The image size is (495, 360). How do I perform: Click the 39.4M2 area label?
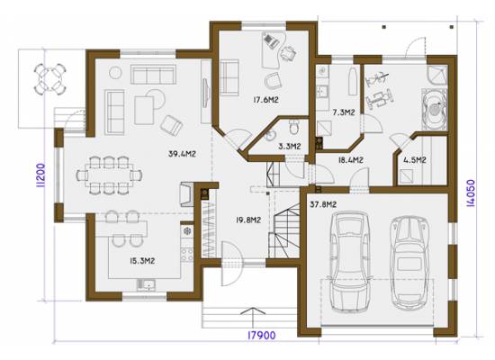(x=182, y=154)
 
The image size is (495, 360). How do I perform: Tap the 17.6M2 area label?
(x=265, y=100)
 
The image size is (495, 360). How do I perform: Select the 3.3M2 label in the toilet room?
(x=290, y=146)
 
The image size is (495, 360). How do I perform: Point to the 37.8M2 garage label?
(x=323, y=204)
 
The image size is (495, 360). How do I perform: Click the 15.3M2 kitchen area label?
(x=142, y=261)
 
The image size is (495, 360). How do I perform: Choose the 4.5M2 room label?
(x=415, y=160)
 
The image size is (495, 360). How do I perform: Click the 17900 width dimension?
(x=261, y=335)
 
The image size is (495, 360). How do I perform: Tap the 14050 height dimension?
(x=471, y=193)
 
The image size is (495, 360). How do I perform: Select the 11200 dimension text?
(x=40, y=175)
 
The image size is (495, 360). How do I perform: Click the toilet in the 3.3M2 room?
(x=294, y=127)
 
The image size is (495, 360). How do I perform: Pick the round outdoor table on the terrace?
(x=49, y=78)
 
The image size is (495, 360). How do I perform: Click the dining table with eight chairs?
(x=109, y=175)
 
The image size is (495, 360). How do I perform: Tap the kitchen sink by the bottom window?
(x=146, y=284)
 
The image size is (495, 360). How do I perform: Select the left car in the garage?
(x=349, y=262)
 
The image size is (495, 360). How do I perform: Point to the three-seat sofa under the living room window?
(x=153, y=74)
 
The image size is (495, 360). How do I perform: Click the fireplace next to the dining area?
(x=187, y=194)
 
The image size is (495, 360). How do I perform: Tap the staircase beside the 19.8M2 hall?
(x=283, y=230)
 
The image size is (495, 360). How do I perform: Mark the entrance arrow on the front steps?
(x=253, y=317)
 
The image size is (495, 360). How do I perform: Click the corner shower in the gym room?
(x=437, y=76)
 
